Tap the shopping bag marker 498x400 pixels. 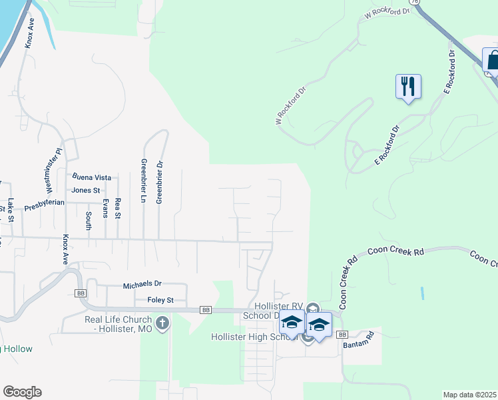tap(493, 61)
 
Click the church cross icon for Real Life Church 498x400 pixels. tap(162, 325)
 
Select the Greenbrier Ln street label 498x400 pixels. tap(143, 181)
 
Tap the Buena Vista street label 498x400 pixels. tap(92, 178)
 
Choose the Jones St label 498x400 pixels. tap(85, 190)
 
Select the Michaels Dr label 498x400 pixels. tap(142, 285)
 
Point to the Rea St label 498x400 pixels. tap(118, 209)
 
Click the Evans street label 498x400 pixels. tap(105, 208)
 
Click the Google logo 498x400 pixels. tap(22, 391)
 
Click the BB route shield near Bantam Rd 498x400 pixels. tap(342, 334)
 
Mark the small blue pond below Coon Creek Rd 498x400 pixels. tap(421, 293)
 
